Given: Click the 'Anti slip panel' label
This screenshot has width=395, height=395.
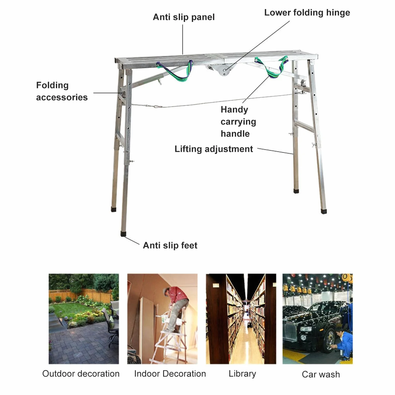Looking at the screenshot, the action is coord(184,17).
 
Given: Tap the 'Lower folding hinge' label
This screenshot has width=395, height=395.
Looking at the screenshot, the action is coord(307,13).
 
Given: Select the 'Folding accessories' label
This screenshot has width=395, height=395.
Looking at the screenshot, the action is coord(62,91).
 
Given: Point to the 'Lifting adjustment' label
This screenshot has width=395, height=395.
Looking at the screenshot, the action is coord(214,149).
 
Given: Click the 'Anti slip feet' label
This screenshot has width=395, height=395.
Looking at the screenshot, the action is coord(170,245).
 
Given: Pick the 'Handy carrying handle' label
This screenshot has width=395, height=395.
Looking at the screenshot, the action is coord(238,122).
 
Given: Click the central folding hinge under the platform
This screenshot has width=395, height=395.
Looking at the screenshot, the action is coord(221,69).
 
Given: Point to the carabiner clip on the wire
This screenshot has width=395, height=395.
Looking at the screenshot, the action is coord(156,106).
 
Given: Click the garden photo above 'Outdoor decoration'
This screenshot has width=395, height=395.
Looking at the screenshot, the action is coord(84,319).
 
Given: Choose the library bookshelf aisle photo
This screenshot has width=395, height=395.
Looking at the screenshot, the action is coord(241,319).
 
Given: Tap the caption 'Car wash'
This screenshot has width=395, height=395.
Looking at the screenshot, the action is coord(321,374).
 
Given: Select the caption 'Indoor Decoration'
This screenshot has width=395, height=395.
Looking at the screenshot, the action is coord(170,374).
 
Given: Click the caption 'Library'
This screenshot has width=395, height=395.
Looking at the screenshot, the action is coord(242,374).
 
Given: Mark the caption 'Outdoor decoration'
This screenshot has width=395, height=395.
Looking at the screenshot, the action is coord(81,374).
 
